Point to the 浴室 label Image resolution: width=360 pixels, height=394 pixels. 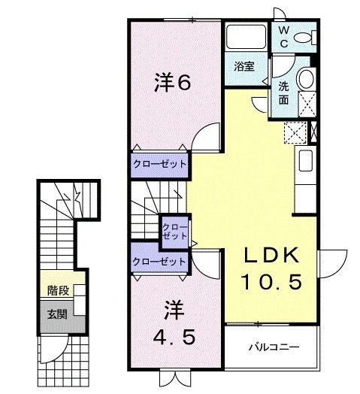pyautogui.click(x=244, y=66)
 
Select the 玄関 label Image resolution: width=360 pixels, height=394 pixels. pyautogui.click(x=57, y=314)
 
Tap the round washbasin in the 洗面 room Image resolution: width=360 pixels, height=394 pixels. pyautogui.click(x=305, y=78)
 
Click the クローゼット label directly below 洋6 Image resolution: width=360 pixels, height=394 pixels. pyautogui.click(x=159, y=163)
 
